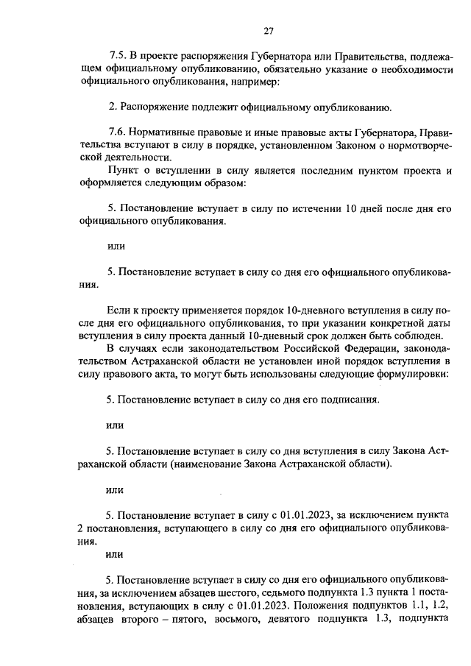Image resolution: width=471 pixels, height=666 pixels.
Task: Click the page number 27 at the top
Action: pyautogui.click(x=268, y=30)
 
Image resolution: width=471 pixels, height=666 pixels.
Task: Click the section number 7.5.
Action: pyautogui.click(x=118, y=55)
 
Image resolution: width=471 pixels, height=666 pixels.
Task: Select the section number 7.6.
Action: pyautogui.click(x=118, y=132)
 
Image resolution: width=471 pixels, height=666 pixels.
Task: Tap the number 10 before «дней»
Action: pyautogui.click(x=351, y=209)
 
